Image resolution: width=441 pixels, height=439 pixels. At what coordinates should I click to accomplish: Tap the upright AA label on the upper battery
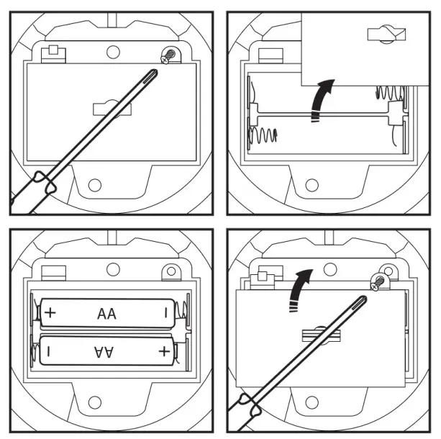pyautogui.click(x=106, y=314)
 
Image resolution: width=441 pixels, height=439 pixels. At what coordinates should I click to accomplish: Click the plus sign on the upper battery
pyautogui.click(x=50, y=314)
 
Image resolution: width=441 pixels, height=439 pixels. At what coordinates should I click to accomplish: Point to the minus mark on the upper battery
pyautogui.click(x=165, y=314)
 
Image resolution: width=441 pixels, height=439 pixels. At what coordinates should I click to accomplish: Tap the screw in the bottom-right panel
pyautogui.click(x=376, y=283)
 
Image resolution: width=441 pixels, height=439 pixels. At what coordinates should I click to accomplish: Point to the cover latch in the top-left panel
pyautogui.click(x=106, y=108)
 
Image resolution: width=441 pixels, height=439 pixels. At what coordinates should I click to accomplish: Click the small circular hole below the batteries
pyautogui.click(x=95, y=403)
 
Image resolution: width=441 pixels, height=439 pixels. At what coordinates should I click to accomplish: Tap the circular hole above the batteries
pyautogui.click(x=112, y=269)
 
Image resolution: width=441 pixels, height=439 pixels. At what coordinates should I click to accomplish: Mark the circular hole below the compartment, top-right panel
pyautogui.click(x=312, y=185)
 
